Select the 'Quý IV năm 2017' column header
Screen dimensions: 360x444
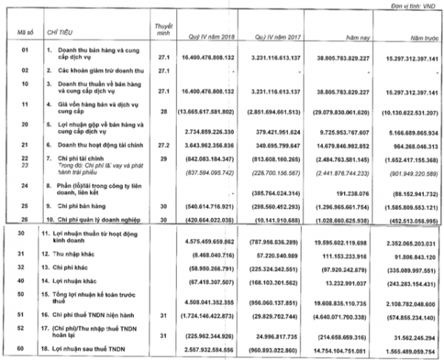274,34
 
